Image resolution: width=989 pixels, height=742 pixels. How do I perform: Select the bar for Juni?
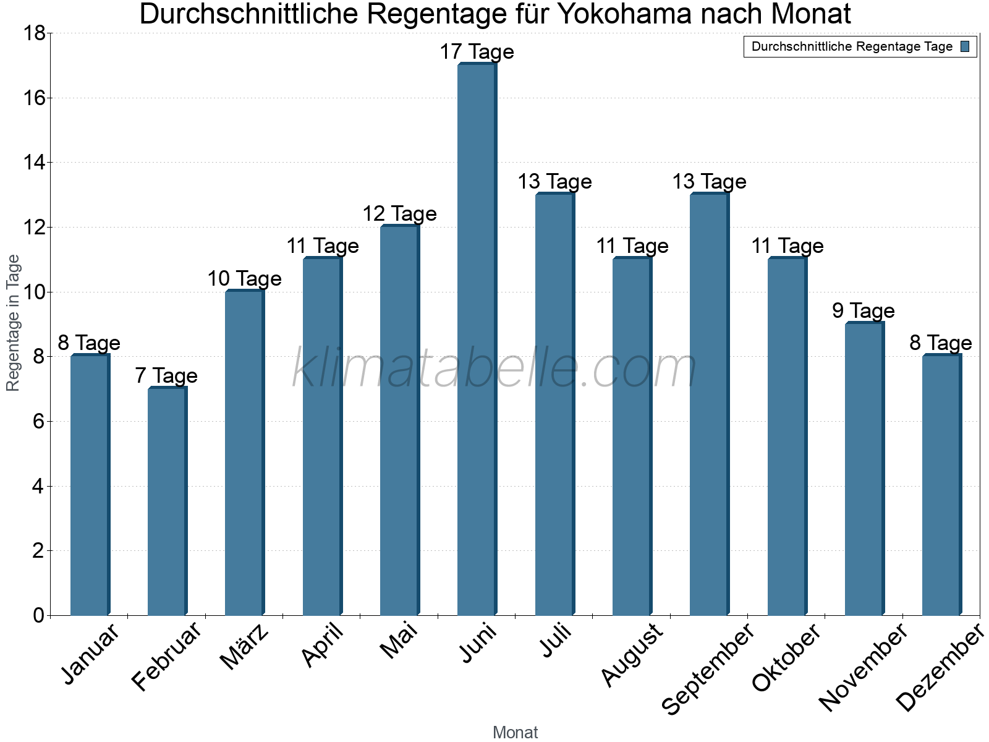pyautogui.click(x=477, y=340)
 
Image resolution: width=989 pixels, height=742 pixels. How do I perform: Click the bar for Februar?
pyautogui.click(x=167, y=501)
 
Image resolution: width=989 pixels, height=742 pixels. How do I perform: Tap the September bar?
pyautogui.click(x=709, y=405)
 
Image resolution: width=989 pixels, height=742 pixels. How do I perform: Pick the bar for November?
pyautogui.click(x=864, y=469)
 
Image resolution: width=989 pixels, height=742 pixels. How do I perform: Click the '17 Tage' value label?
pyautogui.click(x=477, y=52)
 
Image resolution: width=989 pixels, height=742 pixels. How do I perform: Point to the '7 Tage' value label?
pyautogui.click(x=166, y=376)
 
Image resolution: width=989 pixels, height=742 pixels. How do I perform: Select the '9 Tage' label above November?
pyautogui.click(x=863, y=311)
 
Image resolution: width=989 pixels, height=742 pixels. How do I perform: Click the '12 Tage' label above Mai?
pyautogui.click(x=399, y=214)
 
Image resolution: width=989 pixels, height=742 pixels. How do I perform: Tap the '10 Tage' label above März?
pyautogui.click(x=244, y=279)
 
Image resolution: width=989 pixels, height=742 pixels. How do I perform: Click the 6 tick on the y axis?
pyautogui.click(x=38, y=422)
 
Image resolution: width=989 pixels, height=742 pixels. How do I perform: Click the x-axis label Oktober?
pyautogui.click(x=786, y=658)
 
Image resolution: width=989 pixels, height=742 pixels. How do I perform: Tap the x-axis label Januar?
pyautogui.click(x=91, y=655)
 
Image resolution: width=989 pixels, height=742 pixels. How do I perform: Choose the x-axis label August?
pyautogui.click(x=632, y=655)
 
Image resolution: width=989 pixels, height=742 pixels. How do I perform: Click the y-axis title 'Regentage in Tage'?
pyautogui.click(x=14, y=323)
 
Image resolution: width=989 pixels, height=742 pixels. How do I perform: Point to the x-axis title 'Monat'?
pyautogui.click(x=515, y=732)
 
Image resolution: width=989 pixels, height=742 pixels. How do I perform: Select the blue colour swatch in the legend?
pyautogui.click(x=965, y=46)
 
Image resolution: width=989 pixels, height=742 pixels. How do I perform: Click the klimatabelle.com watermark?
pyautogui.click(x=494, y=369)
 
